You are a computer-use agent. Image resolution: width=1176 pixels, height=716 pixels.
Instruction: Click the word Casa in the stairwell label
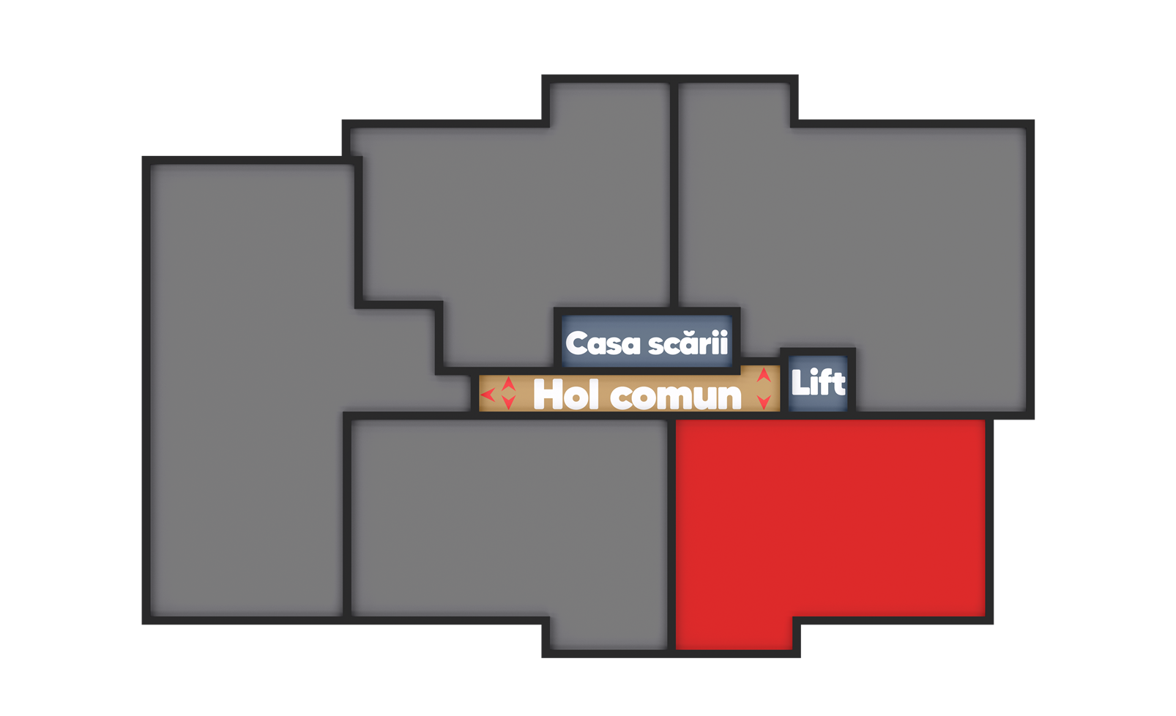click(603, 343)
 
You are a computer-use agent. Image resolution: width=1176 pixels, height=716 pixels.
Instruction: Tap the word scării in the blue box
click(688, 343)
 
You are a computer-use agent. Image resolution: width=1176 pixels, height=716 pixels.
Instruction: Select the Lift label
click(818, 383)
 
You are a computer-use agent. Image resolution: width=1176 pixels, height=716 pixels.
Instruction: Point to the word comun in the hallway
click(676, 396)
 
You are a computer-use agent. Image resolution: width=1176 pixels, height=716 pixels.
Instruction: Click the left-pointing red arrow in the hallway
click(487, 395)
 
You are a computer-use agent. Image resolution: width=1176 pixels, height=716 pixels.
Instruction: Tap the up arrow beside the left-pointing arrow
click(508, 384)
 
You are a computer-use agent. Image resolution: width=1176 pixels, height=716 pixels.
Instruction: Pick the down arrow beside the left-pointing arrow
click(508, 402)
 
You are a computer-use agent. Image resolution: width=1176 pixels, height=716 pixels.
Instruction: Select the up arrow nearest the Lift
click(764, 376)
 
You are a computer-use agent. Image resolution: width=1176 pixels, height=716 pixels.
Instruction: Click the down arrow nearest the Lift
click(764, 402)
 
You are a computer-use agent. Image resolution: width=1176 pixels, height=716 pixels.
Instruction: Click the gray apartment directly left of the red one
click(510, 520)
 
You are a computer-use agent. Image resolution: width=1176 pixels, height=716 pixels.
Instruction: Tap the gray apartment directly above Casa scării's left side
click(513, 220)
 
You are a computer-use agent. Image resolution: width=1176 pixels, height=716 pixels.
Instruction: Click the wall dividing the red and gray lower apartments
click(671, 534)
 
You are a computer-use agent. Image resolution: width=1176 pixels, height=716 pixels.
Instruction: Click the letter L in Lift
click(800, 383)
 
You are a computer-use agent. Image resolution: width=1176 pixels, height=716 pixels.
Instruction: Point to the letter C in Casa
click(577, 343)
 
